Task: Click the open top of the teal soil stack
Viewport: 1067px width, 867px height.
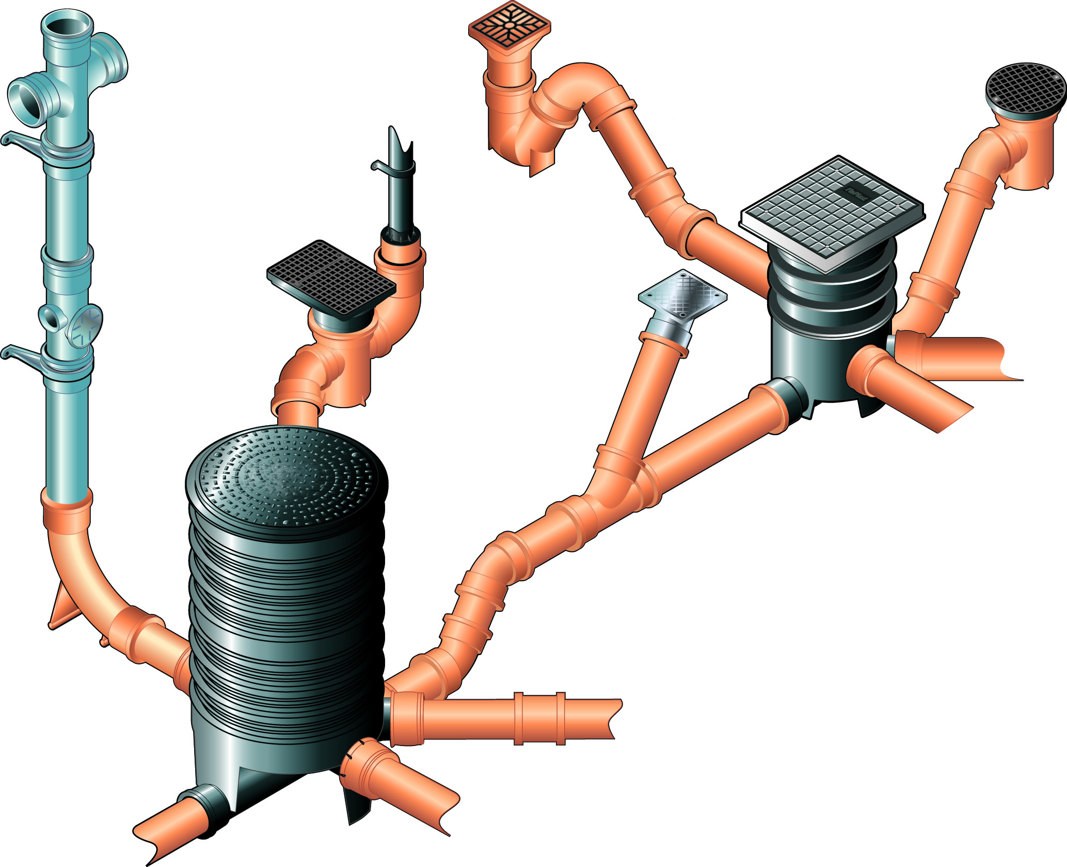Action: [x=67, y=23]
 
